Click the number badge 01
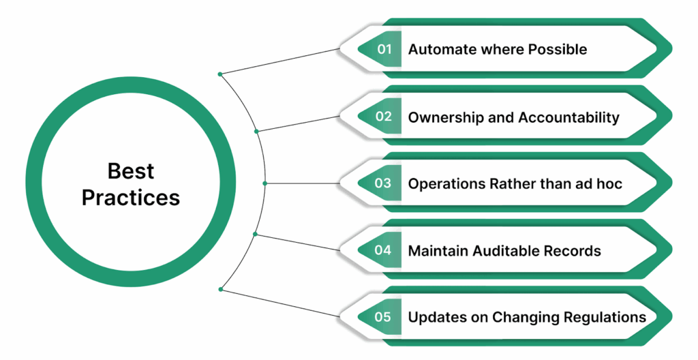(384, 49)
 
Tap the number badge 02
(384, 117)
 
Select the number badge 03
(384, 183)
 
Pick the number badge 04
(384, 250)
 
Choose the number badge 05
(384, 317)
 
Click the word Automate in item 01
(438, 50)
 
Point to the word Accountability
(568, 117)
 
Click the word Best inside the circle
(131, 170)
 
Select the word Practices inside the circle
(131, 197)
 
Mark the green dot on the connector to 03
(265, 183)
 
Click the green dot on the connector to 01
(219, 74)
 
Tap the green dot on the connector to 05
(219, 290)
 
